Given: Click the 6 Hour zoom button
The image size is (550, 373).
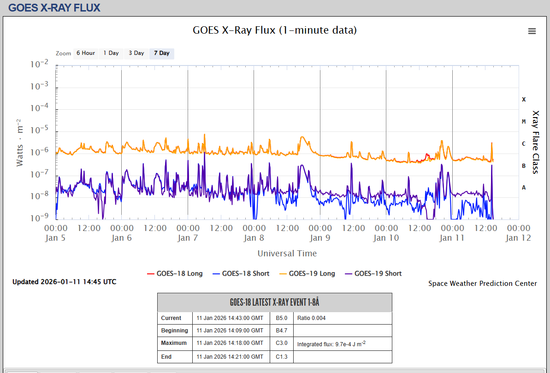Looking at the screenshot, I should (x=86, y=53).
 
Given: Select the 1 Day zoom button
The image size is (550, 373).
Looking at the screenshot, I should (x=111, y=53).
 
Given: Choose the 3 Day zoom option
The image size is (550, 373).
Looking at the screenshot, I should (x=136, y=53).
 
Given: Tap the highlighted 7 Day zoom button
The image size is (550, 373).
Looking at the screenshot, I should (x=162, y=53).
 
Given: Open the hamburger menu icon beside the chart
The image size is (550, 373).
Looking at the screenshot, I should (x=532, y=31).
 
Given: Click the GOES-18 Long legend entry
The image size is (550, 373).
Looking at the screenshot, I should (x=175, y=273).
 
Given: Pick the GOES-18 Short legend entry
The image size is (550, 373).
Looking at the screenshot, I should (x=241, y=273).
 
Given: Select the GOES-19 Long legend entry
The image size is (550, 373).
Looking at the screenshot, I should (x=307, y=273).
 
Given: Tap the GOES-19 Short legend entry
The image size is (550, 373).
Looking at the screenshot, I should (x=373, y=273).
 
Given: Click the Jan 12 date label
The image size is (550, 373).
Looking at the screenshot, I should (x=519, y=238).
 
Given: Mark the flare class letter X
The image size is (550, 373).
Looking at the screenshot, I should (x=524, y=99).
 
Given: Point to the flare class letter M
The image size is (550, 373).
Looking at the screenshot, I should (x=524, y=121).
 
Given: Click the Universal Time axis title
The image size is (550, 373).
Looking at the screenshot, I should (x=287, y=253).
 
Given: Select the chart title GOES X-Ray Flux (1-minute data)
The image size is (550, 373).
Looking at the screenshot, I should (x=275, y=30).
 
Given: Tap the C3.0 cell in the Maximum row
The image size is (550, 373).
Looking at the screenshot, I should (x=282, y=343).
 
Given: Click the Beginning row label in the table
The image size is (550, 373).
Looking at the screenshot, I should (x=175, y=331).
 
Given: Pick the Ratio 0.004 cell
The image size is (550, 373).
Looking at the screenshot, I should (x=312, y=318).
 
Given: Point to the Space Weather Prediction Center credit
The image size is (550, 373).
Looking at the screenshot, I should (x=483, y=284).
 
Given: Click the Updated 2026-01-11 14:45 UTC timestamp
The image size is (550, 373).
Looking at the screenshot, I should (x=65, y=282).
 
